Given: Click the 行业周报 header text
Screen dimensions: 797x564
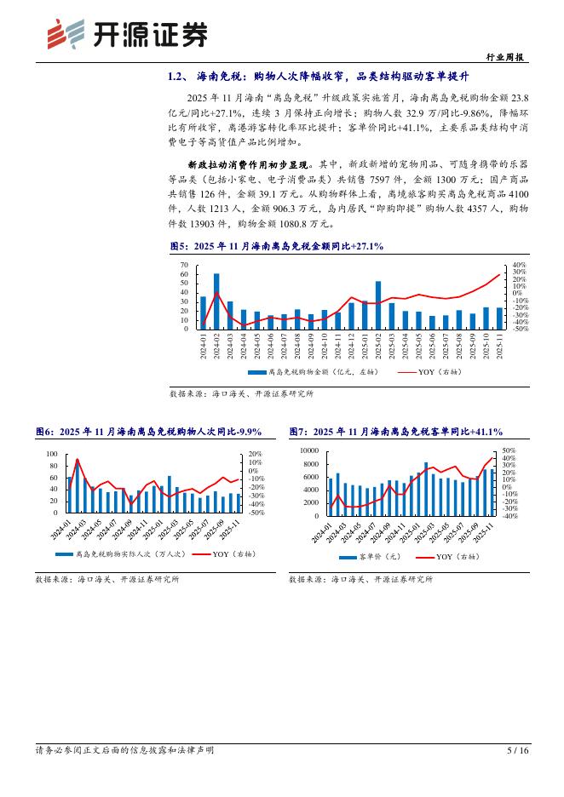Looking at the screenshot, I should coord(508,58).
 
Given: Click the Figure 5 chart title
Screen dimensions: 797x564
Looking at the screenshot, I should coord(277,245).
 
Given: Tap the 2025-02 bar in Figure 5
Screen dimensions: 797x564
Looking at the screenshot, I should coord(378,305).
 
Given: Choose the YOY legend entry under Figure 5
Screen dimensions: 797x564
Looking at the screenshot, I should coord(435,372).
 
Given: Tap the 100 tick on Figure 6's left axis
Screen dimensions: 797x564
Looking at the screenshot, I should coord(53,455).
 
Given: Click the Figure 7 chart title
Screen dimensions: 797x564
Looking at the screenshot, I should coord(396,432).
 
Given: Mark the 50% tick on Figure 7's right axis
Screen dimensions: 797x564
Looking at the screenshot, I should coord(508,450).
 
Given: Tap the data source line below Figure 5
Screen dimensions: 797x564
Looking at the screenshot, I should coord(242,394).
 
